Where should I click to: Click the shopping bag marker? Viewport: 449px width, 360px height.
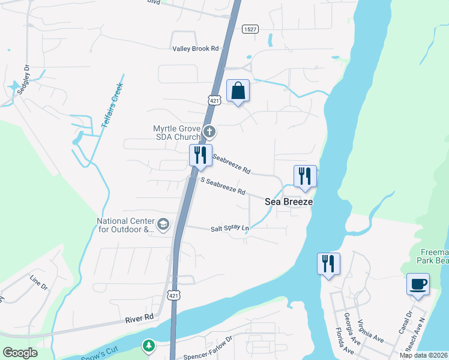[x=238, y=91]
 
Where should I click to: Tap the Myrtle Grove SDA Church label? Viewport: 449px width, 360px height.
[x=176, y=133]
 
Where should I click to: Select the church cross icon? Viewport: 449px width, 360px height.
[x=209, y=131]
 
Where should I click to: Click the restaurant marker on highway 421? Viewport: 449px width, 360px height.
[x=200, y=155]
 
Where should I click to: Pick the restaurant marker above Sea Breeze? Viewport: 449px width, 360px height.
[x=305, y=176]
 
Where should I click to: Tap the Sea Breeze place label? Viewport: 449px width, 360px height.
[x=289, y=202]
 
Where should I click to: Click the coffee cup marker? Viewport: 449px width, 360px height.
[x=418, y=284]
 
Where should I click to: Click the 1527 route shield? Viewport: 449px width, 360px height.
[x=251, y=29]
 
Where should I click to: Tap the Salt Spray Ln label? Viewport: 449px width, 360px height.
[x=229, y=229]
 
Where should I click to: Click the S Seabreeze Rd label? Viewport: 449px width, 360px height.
[x=223, y=188]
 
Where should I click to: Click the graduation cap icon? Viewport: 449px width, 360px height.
[x=163, y=224]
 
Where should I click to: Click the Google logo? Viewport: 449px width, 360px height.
[x=20, y=352]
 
